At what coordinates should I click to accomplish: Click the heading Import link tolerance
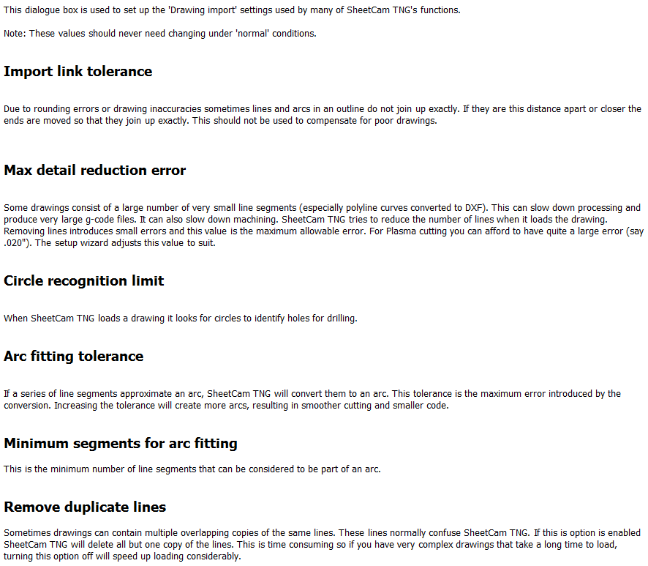click(78, 72)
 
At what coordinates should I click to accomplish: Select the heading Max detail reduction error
click(94, 171)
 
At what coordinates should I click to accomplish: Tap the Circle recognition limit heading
click(83, 281)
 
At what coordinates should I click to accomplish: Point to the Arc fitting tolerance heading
click(73, 357)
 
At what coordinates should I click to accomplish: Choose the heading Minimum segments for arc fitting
click(120, 444)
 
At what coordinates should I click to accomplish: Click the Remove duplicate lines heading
click(85, 507)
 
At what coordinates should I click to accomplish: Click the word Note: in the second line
click(15, 34)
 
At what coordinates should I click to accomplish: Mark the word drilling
click(339, 319)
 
